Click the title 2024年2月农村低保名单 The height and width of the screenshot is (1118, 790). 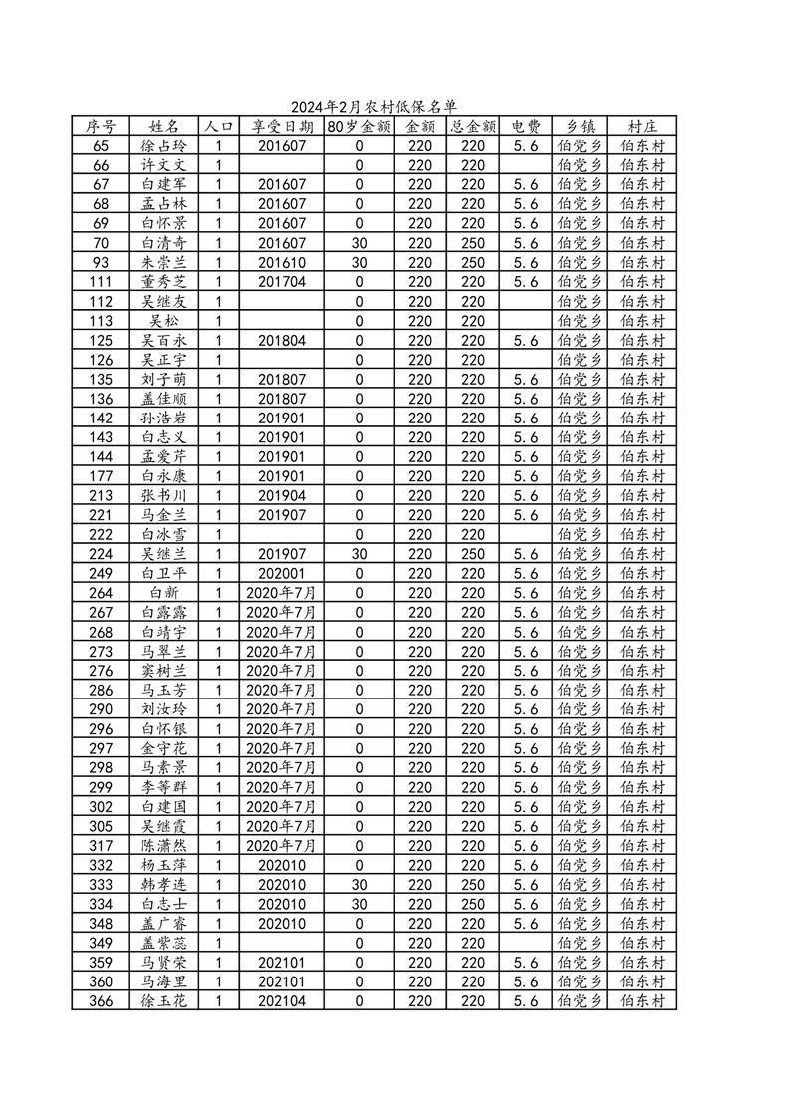click(x=374, y=107)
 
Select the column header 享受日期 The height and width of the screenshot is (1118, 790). click(x=282, y=127)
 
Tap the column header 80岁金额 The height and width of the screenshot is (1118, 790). click(x=359, y=127)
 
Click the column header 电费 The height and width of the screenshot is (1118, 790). click(x=526, y=127)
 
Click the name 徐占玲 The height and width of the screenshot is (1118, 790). click(x=164, y=145)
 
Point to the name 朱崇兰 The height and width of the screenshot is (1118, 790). click(x=164, y=262)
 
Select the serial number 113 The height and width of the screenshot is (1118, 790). click(x=101, y=321)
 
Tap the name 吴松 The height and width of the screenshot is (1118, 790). click(x=164, y=321)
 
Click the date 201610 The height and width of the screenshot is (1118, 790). click(x=282, y=262)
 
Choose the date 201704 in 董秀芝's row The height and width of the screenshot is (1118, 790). click(x=282, y=282)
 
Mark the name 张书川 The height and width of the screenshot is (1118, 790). click(x=164, y=496)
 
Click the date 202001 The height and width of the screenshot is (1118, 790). click(x=282, y=574)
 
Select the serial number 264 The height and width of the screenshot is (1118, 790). click(x=101, y=593)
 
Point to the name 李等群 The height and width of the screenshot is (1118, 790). click(x=164, y=787)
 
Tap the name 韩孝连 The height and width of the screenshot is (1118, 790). click(x=164, y=885)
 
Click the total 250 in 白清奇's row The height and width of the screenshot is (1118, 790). click(x=473, y=243)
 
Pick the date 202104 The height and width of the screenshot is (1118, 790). click(x=282, y=1001)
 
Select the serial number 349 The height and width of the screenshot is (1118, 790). click(x=101, y=943)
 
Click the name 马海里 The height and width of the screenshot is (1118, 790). click(x=164, y=981)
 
